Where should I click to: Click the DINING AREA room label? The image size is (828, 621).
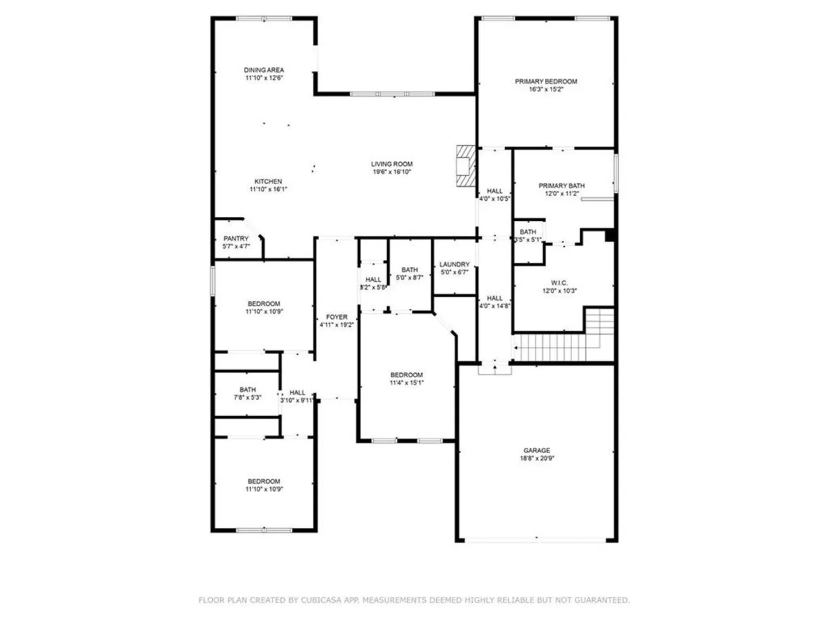(264, 70)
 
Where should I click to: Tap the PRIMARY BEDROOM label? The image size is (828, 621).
(546, 82)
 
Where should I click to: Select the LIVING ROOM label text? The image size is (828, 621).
(392, 164)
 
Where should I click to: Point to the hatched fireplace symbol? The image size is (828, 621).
(466, 166)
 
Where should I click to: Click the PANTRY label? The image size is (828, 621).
(236, 239)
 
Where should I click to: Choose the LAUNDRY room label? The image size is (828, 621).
(454, 264)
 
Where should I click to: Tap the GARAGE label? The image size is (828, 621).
(536, 451)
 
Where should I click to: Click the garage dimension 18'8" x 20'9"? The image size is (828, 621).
(536, 458)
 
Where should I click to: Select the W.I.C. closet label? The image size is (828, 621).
(559, 283)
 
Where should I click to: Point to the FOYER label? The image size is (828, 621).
(336, 317)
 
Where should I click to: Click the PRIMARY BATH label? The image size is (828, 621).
(561, 186)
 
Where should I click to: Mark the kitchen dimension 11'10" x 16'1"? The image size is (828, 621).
(268, 189)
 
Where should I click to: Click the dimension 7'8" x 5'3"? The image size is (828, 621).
(247, 397)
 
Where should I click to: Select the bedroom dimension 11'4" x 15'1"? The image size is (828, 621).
(407, 383)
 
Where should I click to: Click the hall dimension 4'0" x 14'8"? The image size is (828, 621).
(494, 306)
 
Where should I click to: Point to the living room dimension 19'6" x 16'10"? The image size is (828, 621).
(392, 172)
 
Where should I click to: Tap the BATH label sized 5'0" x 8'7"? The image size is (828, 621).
(409, 270)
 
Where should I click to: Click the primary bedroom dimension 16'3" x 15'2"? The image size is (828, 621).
(546, 89)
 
